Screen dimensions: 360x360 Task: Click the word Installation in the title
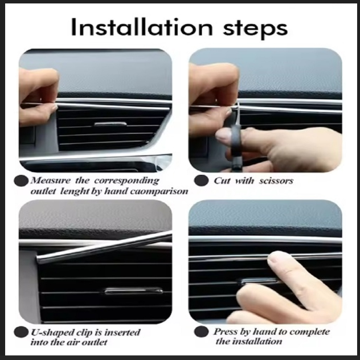click(x=142, y=27)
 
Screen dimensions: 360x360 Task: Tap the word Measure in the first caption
click(x=51, y=181)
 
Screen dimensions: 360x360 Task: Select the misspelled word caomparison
click(x=159, y=192)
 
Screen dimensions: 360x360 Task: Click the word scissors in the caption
click(x=276, y=181)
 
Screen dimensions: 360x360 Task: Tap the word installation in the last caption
click(x=257, y=342)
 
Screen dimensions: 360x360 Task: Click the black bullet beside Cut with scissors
click(x=201, y=181)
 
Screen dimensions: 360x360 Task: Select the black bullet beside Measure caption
click(x=21, y=181)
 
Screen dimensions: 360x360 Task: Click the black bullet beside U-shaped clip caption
click(x=21, y=332)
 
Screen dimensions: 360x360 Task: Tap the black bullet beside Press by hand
click(x=201, y=332)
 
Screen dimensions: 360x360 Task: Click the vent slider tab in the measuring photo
click(x=111, y=124)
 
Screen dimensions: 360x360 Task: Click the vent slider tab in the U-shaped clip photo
click(x=134, y=291)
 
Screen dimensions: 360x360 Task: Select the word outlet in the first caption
click(x=43, y=191)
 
